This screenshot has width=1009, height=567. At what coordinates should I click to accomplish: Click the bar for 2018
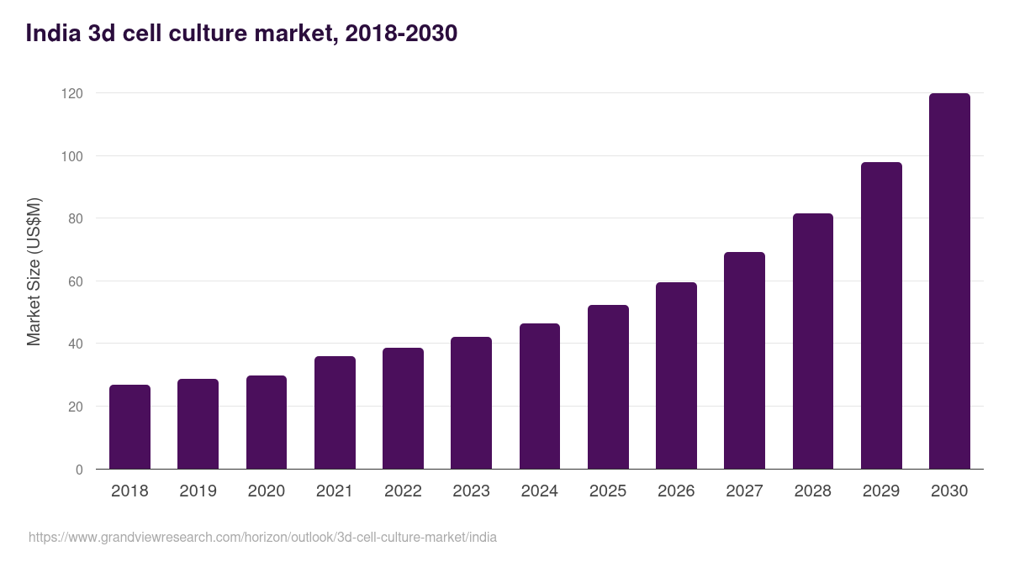coord(129,427)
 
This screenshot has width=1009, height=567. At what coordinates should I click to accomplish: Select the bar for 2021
coord(335,412)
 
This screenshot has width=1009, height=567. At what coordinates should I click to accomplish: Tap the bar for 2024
coord(539,396)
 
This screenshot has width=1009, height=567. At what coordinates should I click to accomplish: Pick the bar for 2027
coord(744,360)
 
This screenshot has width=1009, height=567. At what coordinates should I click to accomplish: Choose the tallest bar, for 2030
coord(949,281)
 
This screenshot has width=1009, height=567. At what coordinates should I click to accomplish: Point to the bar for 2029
coord(881,316)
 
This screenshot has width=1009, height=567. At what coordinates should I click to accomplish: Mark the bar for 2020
coord(267,423)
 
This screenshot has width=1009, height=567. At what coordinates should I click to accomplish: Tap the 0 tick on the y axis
coord(79,470)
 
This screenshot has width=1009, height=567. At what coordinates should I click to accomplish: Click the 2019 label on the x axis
coord(198,491)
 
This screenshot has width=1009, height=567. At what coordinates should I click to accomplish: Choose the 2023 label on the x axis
coord(471,491)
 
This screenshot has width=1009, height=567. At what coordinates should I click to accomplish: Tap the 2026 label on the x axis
coord(676,491)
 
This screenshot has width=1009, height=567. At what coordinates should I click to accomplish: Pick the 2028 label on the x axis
coord(813,491)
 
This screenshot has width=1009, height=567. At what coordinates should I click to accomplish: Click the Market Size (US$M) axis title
coord(34,272)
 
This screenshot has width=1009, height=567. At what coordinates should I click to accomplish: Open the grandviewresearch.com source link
coord(262,537)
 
